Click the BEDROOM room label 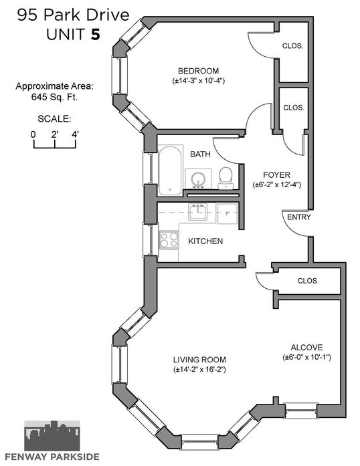[x=198, y=71]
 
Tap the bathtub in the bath [x=170, y=170]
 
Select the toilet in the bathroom [x=226, y=178]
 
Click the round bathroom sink [x=198, y=179]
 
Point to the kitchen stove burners [x=169, y=240]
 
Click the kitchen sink [x=197, y=211]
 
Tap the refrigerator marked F [x=228, y=214]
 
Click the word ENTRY [x=298, y=217]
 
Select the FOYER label [x=277, y=174]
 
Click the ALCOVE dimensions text [x=306, y=357]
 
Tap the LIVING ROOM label [x=199, y=360]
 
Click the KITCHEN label [x=205, y=241]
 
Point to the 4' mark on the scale [x=75, y=134]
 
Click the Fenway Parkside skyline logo [x=52, y=435]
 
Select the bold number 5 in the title [x=95, y=35]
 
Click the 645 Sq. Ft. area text [x=54, y=97]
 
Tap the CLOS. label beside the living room [x=308, y=281]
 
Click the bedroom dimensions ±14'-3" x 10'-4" [x=198, y=81]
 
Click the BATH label [x=200, y=154]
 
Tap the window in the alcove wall [x=300, y=411]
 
